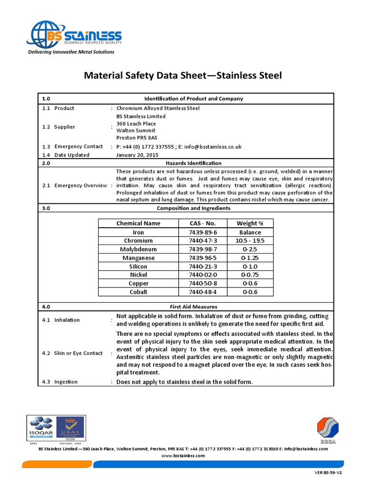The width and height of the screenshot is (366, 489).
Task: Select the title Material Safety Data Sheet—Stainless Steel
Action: tap(183, 75)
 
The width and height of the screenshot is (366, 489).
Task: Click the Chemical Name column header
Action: tap(138, 223)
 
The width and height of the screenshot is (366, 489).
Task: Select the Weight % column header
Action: tap(250, 223)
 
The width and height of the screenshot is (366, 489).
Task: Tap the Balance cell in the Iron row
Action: tap(250, 232)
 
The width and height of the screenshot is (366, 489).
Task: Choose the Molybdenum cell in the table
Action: tap(138, 249)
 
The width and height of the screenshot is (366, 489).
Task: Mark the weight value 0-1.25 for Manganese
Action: tap(250, 258)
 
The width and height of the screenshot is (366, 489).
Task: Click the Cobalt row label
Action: tap(138, 292)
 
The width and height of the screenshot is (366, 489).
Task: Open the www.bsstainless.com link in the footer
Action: tap(183, 456)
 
